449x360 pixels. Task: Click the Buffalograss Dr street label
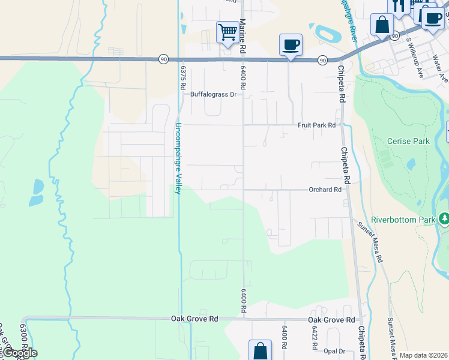pos(214,94)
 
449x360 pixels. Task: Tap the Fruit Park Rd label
pos(316,125)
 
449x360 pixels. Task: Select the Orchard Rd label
pos(325,190)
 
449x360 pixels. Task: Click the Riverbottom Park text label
pos(403,220)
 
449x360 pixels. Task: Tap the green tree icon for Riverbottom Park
pos(444,220)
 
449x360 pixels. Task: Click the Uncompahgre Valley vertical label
pos(178,158)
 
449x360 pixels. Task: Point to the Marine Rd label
pos(243,30)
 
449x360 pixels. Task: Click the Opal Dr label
pos(334,351)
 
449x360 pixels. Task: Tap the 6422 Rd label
pos(313,339)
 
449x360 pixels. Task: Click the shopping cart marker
pos(227,32)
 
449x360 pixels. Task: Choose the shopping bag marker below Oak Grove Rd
pos(260,350)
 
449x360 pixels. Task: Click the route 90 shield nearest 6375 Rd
pos(163,59)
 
